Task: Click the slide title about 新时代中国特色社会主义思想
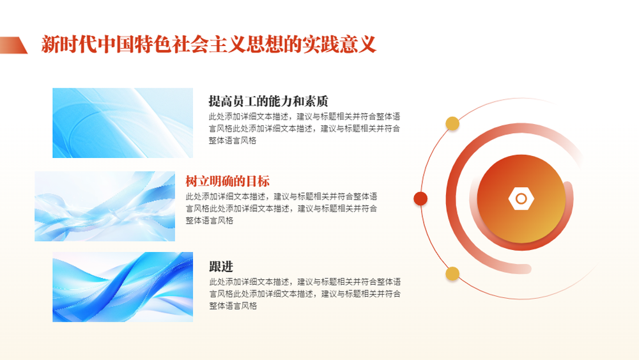(208, 44)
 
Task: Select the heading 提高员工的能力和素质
(268, 100)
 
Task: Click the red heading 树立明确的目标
(227, 181)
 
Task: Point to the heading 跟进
(221, 267)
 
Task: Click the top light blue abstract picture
(123, 123)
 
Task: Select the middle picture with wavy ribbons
(105, 207)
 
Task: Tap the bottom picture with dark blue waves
(123, 287)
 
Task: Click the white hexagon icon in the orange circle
(521, 199)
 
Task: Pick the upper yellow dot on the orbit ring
(452, 123)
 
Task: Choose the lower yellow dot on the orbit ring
(452, 274)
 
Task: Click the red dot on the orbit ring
(420, 199)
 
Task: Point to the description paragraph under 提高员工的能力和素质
(304, 129)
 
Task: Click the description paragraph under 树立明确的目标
(281, 208)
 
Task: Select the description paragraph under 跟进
(305, 293)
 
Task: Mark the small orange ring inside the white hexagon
(521, 199)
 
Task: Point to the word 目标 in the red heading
(258, 181)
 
